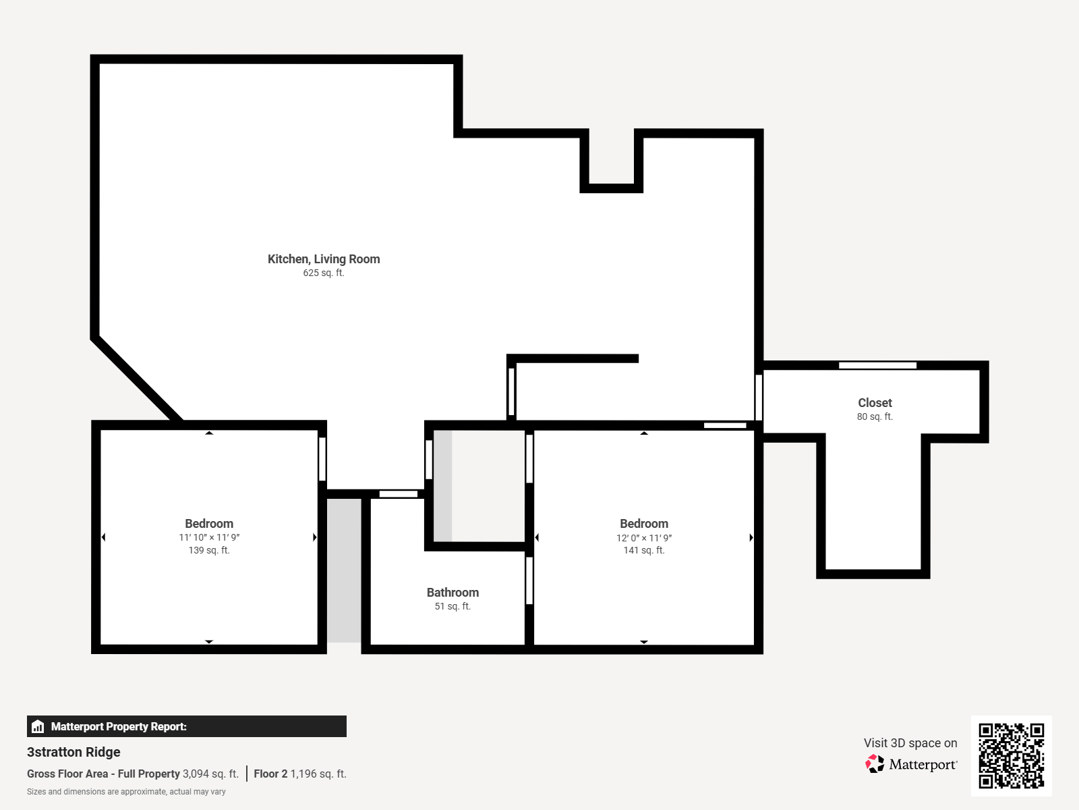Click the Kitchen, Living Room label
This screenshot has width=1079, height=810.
click(x=324, y=259)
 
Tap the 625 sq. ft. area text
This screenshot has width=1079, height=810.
click(x=324, y=273)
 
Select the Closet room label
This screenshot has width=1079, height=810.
click(x=875, y=403)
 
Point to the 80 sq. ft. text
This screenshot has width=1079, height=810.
click(x=875, y=416)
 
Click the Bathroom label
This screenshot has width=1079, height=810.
click(x=453, y=593)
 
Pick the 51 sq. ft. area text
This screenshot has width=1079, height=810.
click(x=453, y=606)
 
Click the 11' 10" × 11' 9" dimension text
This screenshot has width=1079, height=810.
click(x=209, y=537)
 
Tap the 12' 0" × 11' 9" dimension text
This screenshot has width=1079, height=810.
click(x=644, y=538)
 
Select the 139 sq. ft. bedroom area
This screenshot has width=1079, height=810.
click(x=209, y=550)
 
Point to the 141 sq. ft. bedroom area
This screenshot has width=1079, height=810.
click(x=644, y=550)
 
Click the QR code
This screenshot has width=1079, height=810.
click(x=1011, y=756)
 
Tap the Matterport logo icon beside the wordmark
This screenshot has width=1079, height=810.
click(x=875, y=764)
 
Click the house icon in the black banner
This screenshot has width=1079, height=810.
click(x=38, y=726)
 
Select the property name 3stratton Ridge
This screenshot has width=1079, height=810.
click(x=74, y=752)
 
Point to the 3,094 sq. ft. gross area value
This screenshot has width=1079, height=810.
click(x=210, y=774)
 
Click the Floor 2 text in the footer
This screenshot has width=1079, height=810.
click(x=270, y=774)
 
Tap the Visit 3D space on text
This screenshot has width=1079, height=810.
click(x=910, y=743)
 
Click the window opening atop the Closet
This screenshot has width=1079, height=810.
click(x=877, y=365)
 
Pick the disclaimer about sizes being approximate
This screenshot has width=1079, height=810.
click(x=126, y=792)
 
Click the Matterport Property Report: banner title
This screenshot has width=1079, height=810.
click(x=119, y=726)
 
